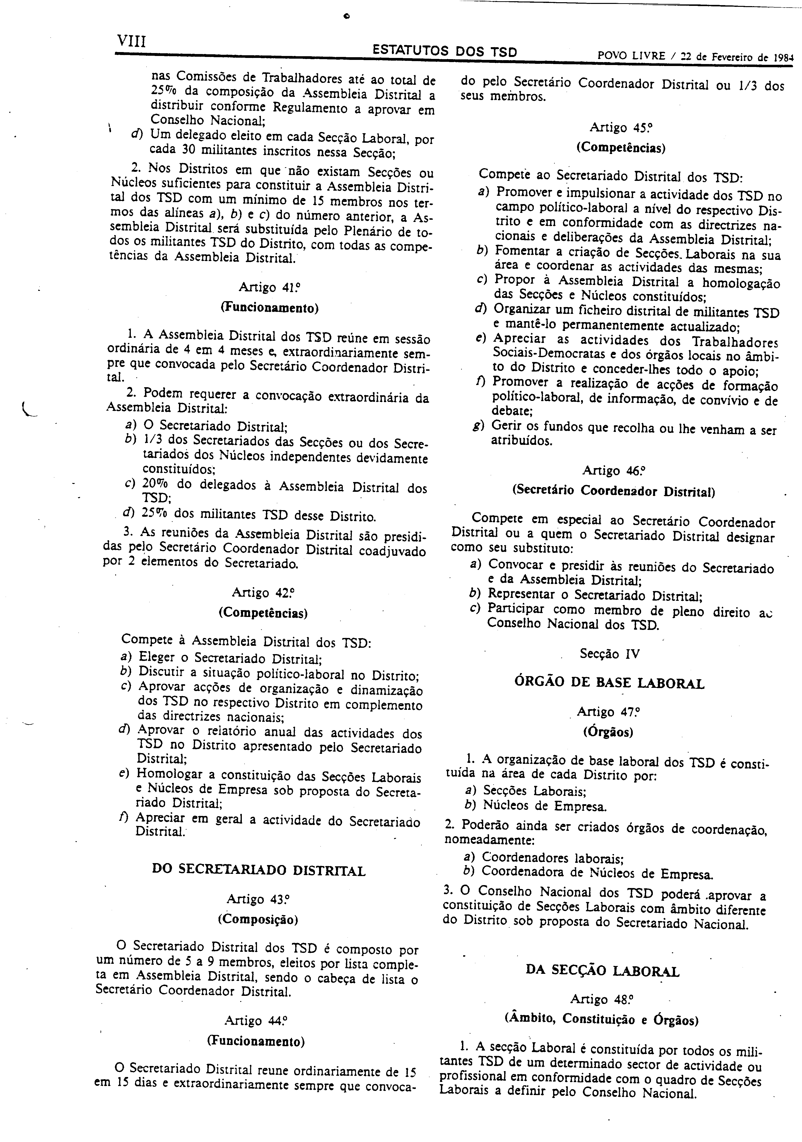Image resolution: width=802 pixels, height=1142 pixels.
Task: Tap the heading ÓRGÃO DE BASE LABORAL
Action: [x=609, y=682]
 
